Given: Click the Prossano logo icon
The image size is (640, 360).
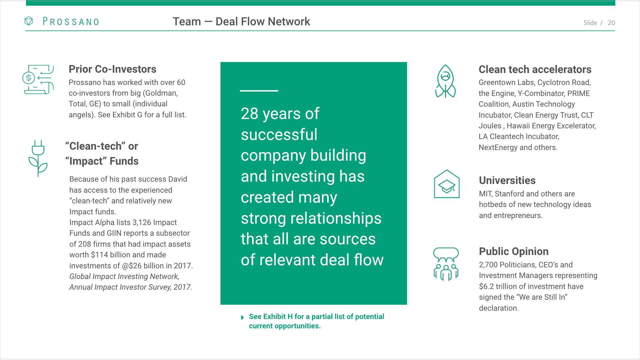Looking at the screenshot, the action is (29, 21).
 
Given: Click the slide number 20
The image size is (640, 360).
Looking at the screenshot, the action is (611, 23).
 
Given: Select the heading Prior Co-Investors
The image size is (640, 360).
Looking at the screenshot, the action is (112, 69).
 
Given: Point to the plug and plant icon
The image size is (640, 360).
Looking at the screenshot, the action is (38, 158).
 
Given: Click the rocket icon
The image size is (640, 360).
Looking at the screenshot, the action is (445, 81).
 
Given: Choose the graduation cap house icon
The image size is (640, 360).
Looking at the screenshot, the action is (447, 184).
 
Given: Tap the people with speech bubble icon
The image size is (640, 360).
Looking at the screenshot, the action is (446, 264).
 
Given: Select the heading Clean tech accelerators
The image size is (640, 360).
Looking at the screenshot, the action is (535, 69).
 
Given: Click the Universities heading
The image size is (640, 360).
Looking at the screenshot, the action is (507, 180).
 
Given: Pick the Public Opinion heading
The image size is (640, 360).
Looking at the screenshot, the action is (513, 251).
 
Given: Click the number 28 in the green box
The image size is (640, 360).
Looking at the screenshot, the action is (249, 114).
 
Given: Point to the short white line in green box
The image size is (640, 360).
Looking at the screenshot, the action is (259, 91).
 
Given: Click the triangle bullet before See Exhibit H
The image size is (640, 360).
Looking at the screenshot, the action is (243, 317).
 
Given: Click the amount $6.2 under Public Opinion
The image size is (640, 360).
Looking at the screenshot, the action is (487, 286).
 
